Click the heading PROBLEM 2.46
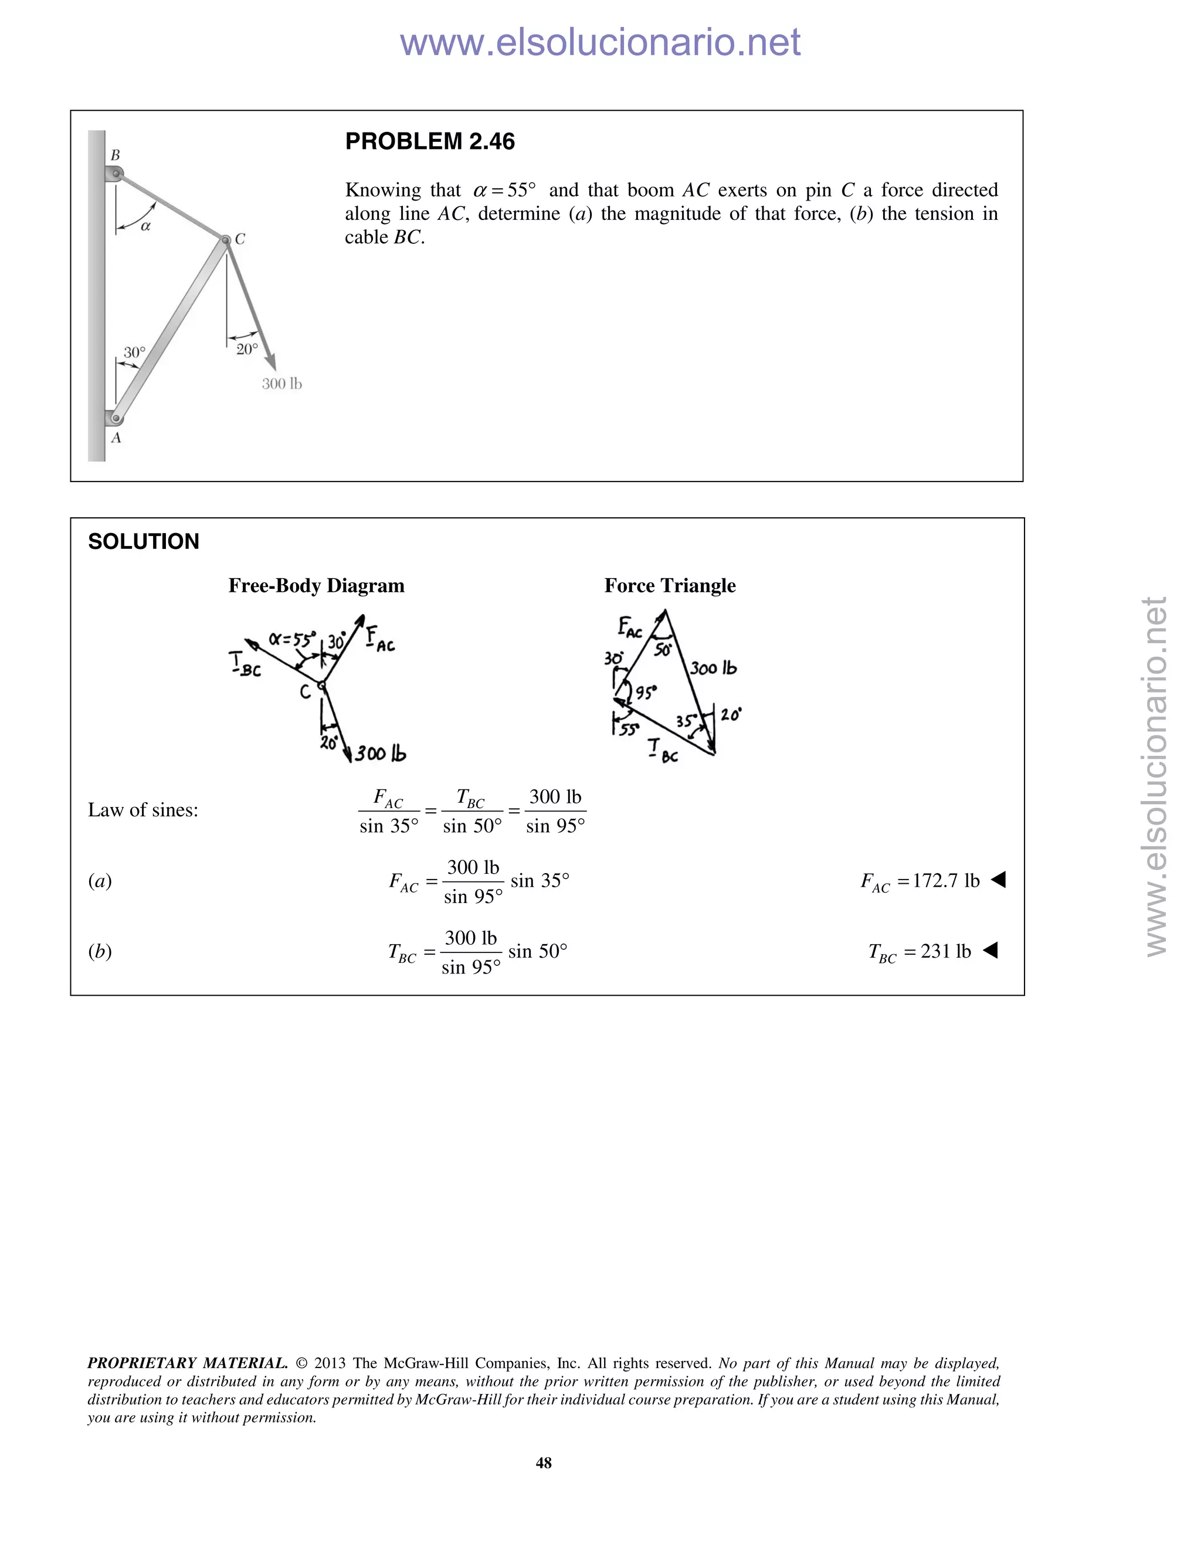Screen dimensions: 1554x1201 coord(430,141)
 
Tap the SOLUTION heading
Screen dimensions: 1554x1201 coord(143,541)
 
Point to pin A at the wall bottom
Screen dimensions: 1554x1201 coord(117,418)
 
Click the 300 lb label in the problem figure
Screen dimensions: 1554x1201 coord(281,384)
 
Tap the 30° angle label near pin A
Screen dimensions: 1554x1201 coord(134,352)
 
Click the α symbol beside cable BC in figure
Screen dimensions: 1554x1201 coord(145,227)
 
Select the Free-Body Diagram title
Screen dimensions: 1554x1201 coord(316,586)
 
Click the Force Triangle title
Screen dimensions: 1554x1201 coord(670,586)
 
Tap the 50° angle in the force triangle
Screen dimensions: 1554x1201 coord(663,650)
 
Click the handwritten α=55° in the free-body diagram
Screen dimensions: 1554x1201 coord(291,640)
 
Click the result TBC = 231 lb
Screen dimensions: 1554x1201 coord(920,952)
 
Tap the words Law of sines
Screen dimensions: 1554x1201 coord(143,810)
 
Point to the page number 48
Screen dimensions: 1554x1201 coord(544,1463)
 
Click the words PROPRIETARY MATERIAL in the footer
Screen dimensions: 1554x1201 coord(187,1363)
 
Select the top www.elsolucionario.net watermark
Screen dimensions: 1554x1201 coord(600,43)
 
